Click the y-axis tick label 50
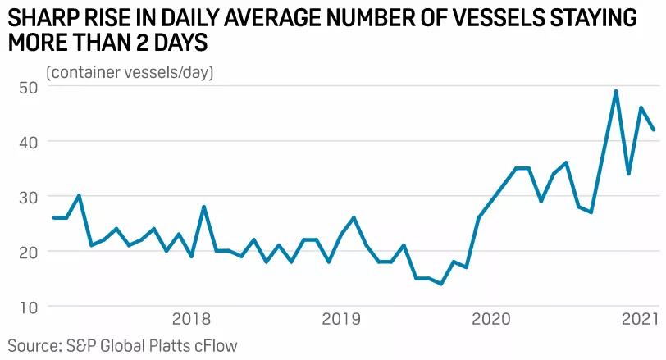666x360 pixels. (x=28, y=87)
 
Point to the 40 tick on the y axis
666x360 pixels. (x=28, y=142)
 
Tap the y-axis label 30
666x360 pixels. (x=28, y=197)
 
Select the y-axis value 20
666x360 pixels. (x=28, y=252)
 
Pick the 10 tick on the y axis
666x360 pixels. (x=28, y=307)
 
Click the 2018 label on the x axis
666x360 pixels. (x=192, y=317)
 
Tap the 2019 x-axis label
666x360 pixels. (x=342, y=317)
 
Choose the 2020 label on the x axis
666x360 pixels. (x=492, y=317)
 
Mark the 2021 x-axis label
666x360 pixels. (x=641, y=317)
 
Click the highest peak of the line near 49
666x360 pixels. (x=616, y=91)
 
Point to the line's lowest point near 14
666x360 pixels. (x=441, y=284)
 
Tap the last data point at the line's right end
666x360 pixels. (x=654, y=130)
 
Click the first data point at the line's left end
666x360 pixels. (x=54, y=217)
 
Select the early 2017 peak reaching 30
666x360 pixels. (x=79, y=195)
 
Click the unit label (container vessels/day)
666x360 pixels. (x=130, y=72)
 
